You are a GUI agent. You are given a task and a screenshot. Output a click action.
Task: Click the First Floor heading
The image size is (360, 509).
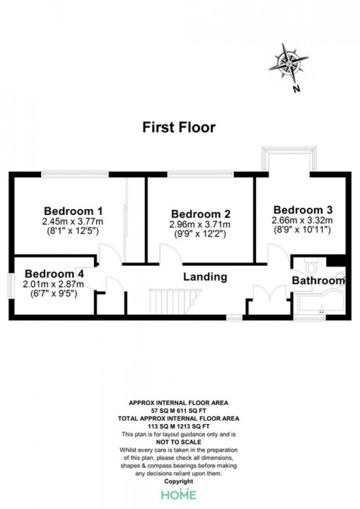pyautogui.click(x=179, y=127)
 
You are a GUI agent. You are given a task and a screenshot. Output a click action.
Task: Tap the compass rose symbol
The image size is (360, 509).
pyautogui.click(x=289, y=63)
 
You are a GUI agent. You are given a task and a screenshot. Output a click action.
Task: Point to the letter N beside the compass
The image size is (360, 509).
pyautogui.click(x=296, y=88)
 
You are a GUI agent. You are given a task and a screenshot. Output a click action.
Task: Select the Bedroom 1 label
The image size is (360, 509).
pyautogui.click(x=73, y=211)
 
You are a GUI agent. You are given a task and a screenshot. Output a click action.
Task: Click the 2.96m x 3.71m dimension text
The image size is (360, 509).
pyautogui.click(x=200, y=224)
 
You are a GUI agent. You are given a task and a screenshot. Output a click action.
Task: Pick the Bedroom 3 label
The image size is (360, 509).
pyautogui.click(x=303, y=210)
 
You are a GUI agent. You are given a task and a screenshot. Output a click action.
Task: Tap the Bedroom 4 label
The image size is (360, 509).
pyautogui.click(x=54, y=274)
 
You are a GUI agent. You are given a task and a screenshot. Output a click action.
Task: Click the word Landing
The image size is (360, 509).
pyautogui.click(x=205, y=277)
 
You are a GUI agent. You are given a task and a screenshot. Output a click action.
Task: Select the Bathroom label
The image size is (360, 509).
pyautogui.click(x=318, y=280)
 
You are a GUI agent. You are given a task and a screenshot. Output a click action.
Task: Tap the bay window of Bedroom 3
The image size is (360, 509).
pyautogui.click(x=289, y=158)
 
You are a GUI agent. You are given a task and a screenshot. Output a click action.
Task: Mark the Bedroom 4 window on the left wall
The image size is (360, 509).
pyautogui.click(x=10, y=286)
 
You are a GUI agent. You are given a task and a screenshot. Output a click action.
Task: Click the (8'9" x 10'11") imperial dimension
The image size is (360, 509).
pyautogui.click(x=301, y=230)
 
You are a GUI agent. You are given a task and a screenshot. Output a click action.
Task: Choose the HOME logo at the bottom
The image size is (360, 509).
pyautogui.click(x=179, y=495)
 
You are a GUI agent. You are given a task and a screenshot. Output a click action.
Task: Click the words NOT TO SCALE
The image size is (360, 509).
pyautogui.click(x=178, y=442)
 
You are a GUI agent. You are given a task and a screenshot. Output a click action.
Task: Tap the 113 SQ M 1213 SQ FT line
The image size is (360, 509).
pyautogui.click(x=178, y=426)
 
